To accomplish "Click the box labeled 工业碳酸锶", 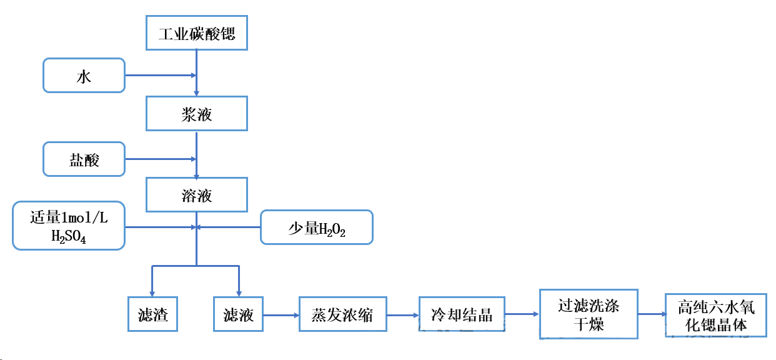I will [x=197, y=33].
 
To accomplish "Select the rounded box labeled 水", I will [x=84, y=76].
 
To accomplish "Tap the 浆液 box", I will [x=197, y=114].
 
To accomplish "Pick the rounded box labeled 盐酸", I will [x=84, y=159].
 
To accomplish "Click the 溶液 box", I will [x=197, y=195].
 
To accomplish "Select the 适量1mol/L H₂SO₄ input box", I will [x=69, y=226].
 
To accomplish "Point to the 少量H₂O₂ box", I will [x=316, y=227].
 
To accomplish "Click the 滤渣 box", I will [x=152, y=314].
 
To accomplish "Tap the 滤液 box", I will [x=238, y=314].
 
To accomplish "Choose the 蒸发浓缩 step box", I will [x=342, y=314].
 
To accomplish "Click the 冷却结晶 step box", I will [x=462, y=314].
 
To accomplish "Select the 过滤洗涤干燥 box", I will [x=589, y=314].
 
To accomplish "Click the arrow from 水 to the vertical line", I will [x=161, y=76].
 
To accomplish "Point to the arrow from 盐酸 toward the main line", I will [x=161, y=159].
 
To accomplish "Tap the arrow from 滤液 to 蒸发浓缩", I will [x=281, y=315].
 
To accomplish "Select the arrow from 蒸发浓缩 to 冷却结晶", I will [x=402, y=315].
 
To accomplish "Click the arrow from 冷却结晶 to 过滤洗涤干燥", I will [x=522, y=314].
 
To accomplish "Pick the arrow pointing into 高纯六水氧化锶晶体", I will [x=652, y=315].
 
